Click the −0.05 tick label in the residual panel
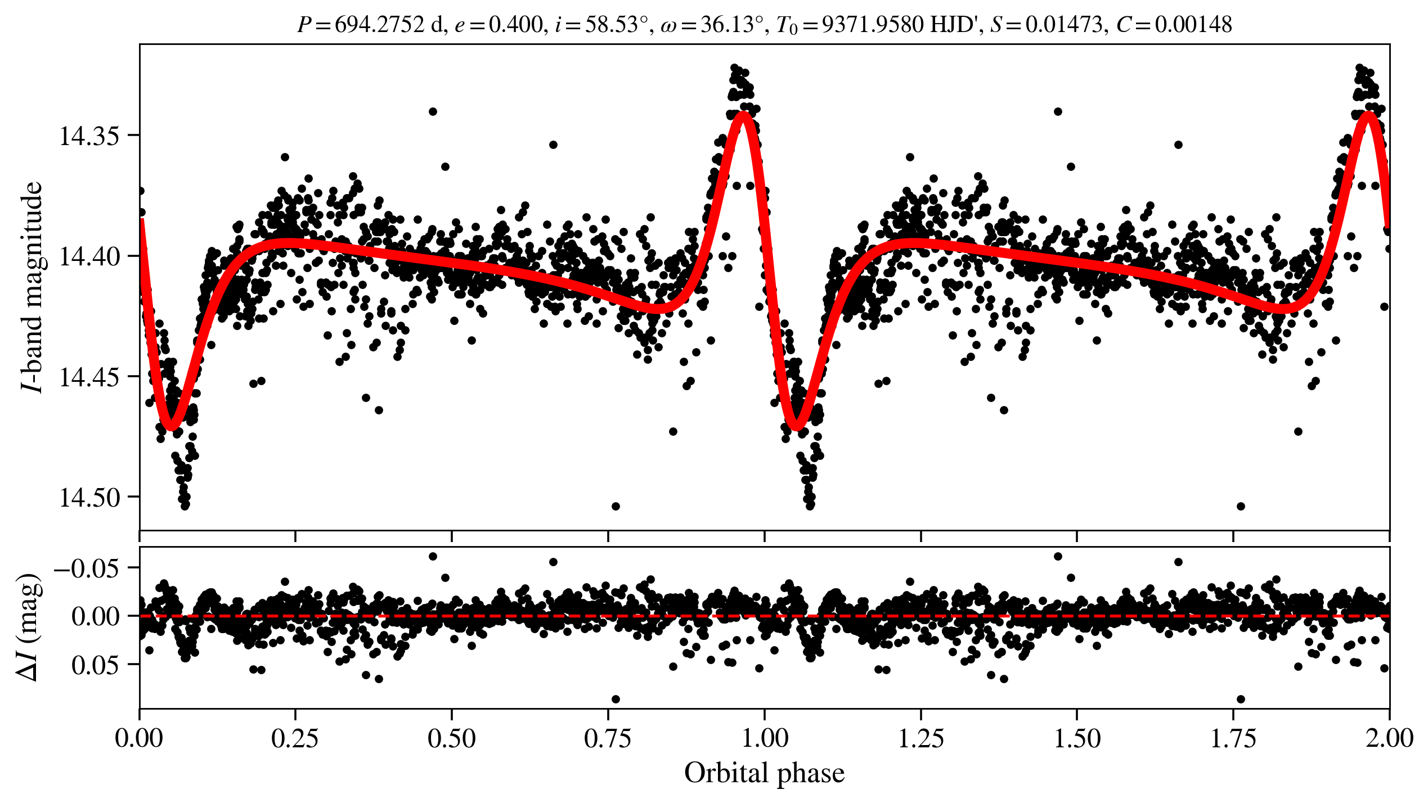tap(87, 568)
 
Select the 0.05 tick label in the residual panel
tap(96, 665)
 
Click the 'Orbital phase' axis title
tap(764, 773)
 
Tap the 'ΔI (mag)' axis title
tap(29, 628)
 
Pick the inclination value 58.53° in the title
tap(613, 24)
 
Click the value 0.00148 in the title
tap(1193, 24)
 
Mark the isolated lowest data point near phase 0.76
tap(616, 506)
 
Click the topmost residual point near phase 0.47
tap(433, 556)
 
